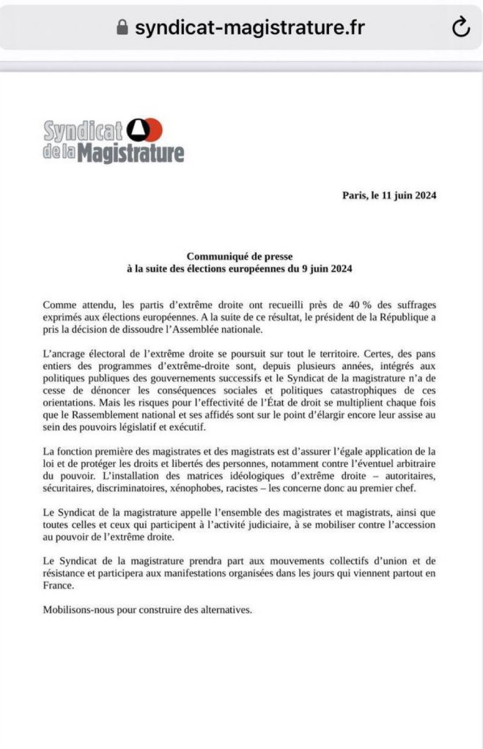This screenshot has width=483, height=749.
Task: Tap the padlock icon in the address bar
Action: tap(122, 28)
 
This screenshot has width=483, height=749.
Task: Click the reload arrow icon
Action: tap(460, 28)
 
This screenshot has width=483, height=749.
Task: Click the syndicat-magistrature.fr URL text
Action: tap(250, 28)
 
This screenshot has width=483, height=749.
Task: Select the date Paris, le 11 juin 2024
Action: tap(389, 195)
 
